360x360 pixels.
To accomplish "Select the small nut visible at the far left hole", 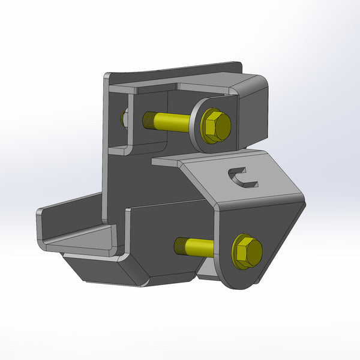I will [x=124, y=118].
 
